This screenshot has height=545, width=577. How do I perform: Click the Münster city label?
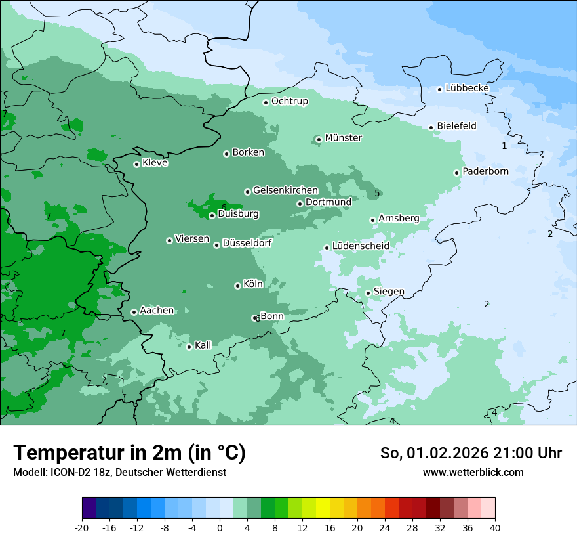(x=344, y=138)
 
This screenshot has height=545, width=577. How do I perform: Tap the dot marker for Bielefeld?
(x=431, y=127)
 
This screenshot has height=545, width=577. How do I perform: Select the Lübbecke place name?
(x=467, y=88)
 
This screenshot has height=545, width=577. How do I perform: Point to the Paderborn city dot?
(x=457, y=173)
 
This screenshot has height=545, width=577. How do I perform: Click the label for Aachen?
(x=157, y=311)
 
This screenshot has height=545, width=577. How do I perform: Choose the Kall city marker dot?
(x=189, y=347)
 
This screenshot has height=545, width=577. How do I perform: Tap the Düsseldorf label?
(x=247, y=244)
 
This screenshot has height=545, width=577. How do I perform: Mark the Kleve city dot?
(x=136, y=164)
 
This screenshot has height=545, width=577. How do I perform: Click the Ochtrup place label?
(x=289, y=101)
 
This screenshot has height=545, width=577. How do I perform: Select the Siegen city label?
(x=389, y=292)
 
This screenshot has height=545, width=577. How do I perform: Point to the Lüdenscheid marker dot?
(x=327, y=248)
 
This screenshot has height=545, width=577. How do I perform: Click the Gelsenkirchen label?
(x=285, y=190)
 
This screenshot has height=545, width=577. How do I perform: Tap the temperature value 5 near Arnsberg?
(x=377, y=193)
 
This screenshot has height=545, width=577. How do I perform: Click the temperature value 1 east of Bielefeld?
(x=504, y=146)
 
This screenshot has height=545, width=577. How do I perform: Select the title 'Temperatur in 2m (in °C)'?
(x=129, y=452)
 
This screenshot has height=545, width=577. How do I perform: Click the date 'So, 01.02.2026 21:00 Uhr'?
(x=471, y=453)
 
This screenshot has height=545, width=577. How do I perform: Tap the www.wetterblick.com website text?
(x=473, y=473)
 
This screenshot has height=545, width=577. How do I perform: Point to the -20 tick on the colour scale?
(x=82, y=527)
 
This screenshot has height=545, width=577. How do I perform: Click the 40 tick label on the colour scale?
(x=495, y=527)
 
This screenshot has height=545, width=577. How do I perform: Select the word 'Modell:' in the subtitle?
(x=29, y=473)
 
